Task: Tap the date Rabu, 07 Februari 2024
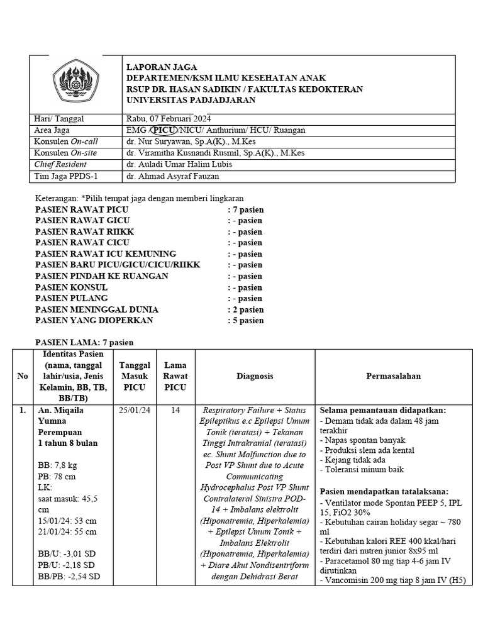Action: click(x=169, y=119)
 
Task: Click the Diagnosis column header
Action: click(x=255, y=376)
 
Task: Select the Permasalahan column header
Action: click(x=393, y=376)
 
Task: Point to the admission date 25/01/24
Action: click(x=134, y=410)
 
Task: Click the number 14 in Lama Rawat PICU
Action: click(x=175, y=410)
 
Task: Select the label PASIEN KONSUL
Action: click(x=72, y=287)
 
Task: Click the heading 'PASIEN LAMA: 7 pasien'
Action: click(x=85, y=342)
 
